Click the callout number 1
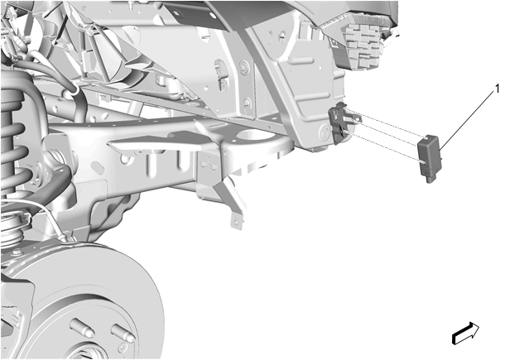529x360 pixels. (x=497, y=89)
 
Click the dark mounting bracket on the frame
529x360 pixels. (x=341, y=122)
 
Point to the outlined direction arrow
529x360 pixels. (x=465, y=334)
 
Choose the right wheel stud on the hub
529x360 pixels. (x=123, y=332)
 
